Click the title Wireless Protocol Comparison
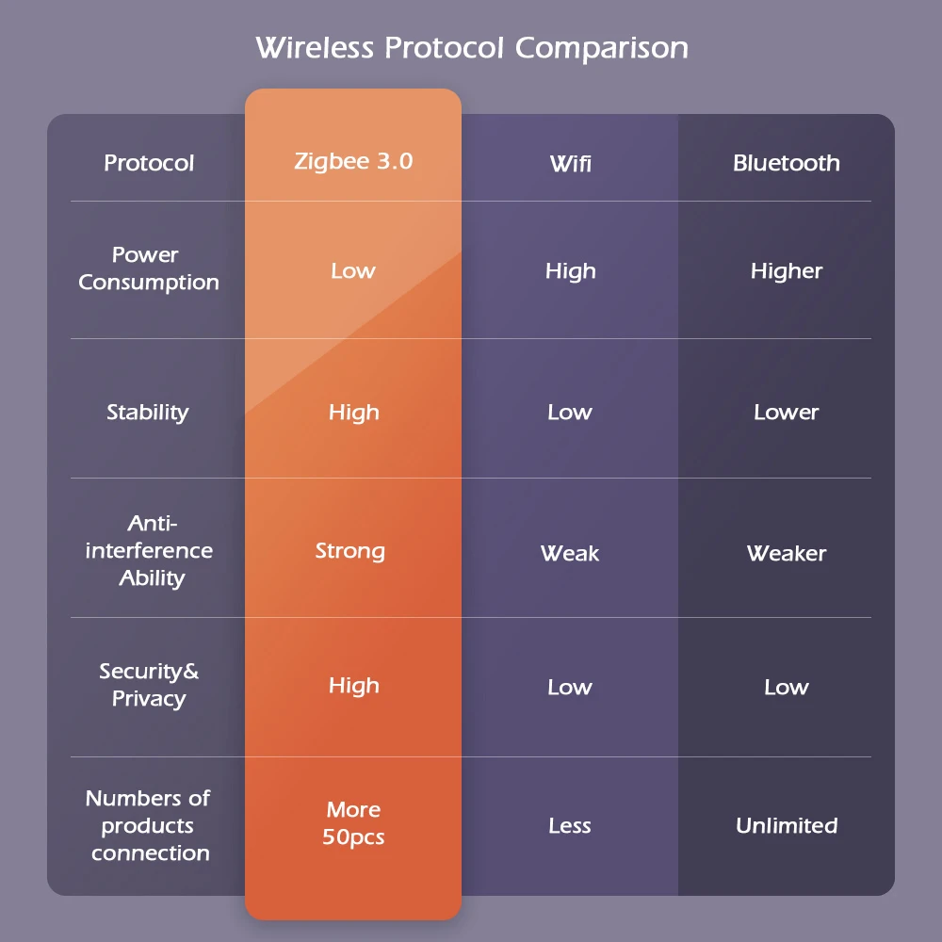click(x=471, y=47)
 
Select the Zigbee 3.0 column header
click(x=353, y=161)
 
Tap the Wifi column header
click(x=570, y=164)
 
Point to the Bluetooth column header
click(x=786, y=163)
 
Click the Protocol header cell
click(x=149, y=163)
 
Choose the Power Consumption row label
click(x=148, y=268)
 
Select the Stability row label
click(x=148, y=412)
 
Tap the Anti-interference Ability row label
click(x=150, y=550)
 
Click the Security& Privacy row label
click(x=149, y=685)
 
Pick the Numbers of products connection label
click(x=149, y=825)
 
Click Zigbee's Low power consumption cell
click(x=353, y=271)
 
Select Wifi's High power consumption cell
click(x=570, y=271)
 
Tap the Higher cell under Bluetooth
click(x=786, y=271)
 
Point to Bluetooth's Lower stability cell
click(x=786, y=412)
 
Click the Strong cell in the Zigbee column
click(x=350, y=551)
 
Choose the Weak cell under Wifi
click(x=570, y=553)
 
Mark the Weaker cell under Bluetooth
click(x=786, y=553)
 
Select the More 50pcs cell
click(x=353, y=823)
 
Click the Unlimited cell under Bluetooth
click(x=786, y=825)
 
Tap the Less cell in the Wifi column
click(x=570, y=826)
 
